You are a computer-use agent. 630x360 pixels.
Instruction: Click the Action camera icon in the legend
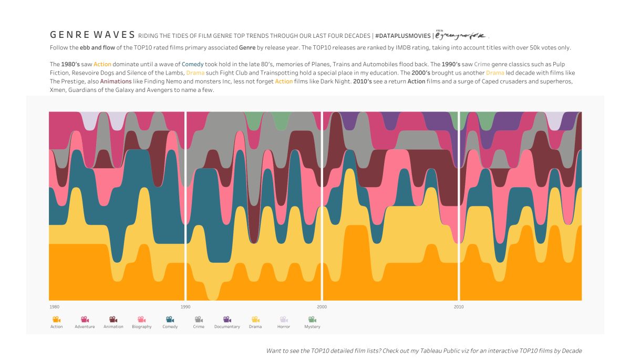[x=56, y=319]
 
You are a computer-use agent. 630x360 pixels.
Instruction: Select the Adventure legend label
[x=85, y=327]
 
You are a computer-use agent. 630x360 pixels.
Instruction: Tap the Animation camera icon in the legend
[x=113, y=319]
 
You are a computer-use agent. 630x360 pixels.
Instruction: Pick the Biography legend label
[x=141, y=327]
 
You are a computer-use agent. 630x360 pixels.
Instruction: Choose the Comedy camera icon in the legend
[x=170, y=319]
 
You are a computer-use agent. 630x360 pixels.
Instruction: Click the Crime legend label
[x=199, y=327]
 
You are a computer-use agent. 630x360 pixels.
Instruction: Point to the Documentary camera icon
[x=227, y=319]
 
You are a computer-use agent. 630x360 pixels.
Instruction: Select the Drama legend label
[x=255, y=327]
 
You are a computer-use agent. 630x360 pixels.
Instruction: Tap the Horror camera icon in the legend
[x=284, y=319]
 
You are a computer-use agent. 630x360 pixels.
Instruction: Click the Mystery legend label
[x=312, y=327]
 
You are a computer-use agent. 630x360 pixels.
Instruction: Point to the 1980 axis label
[x=54, y=306]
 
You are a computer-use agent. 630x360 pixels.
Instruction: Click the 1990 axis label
[x=185, y=306]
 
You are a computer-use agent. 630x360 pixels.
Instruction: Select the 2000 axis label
[x=322, y=306]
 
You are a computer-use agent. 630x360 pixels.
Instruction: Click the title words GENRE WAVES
[x=92, y=35]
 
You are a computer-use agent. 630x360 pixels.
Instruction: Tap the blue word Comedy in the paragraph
[x=193, y=64]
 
